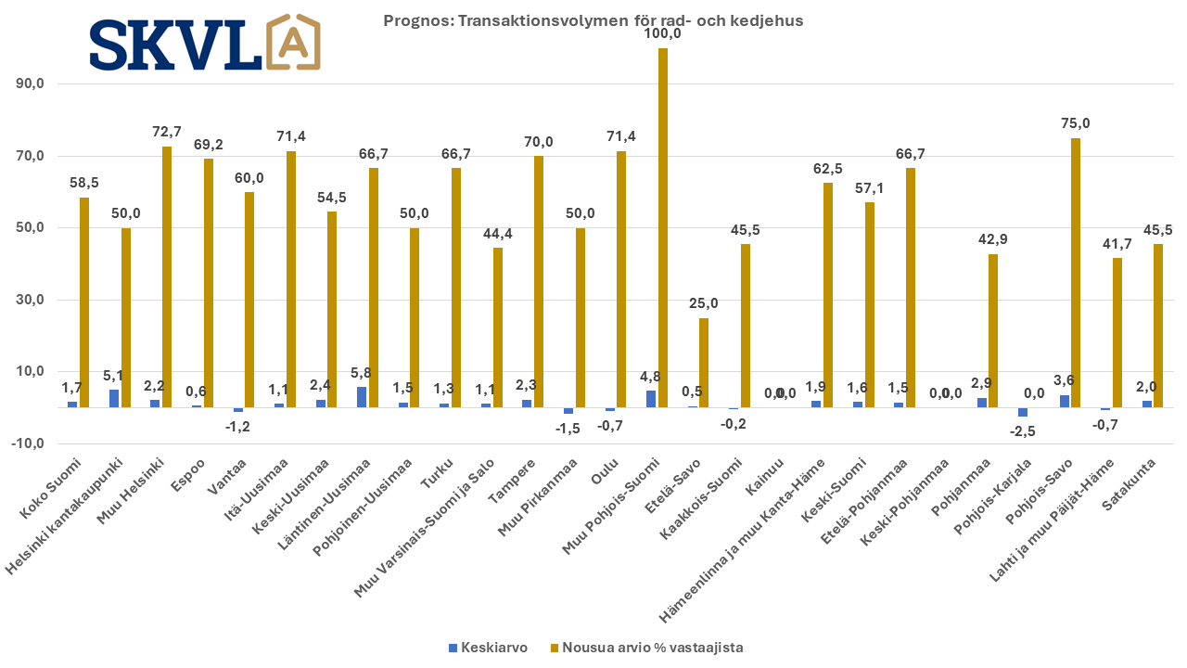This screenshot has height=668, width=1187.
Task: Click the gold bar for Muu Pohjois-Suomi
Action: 663,227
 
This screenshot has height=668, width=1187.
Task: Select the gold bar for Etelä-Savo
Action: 704,363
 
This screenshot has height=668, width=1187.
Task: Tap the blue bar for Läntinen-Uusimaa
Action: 362,397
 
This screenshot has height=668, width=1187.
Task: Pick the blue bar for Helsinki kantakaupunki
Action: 114,398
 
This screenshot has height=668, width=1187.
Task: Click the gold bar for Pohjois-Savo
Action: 1076,273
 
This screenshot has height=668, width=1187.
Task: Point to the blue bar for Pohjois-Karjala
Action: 1023,412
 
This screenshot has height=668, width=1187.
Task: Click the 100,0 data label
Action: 663,33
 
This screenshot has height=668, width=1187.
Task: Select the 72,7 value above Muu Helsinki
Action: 167,132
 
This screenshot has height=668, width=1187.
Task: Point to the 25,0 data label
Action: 704,303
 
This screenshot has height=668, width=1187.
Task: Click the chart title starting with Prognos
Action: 593,20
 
